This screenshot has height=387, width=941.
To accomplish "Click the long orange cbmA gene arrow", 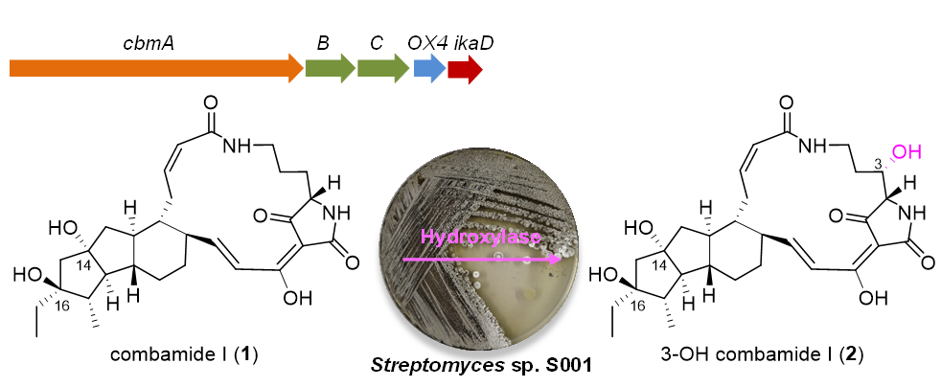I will (x=153, y=68).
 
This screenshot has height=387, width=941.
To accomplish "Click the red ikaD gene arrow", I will (x=465, y=68).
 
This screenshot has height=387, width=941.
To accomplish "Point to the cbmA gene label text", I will (x=148, y=43).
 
